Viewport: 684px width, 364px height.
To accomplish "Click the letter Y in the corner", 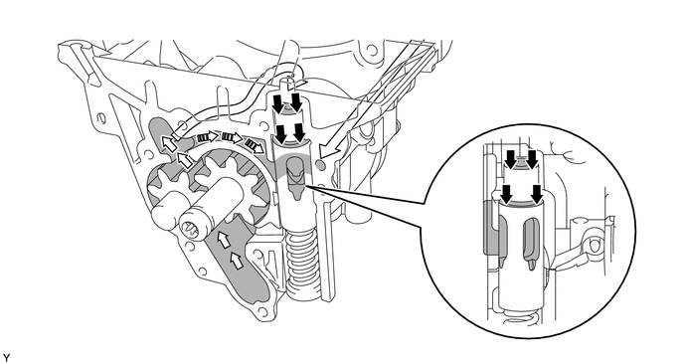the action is [x=6, y=358].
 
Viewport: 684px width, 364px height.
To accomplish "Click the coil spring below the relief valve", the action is [x=301, y=266].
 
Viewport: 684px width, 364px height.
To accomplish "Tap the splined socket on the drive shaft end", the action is [x=192, y=230].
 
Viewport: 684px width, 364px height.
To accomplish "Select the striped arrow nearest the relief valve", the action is [x=255, y=145].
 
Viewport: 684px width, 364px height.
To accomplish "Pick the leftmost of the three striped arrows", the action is [x=206, y=137].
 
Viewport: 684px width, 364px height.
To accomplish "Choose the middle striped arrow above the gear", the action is [x=232, y=137].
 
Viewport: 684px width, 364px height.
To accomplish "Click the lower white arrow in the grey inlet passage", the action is [x=236, y=261].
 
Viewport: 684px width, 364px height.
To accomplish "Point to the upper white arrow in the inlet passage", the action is [x=224, y=239].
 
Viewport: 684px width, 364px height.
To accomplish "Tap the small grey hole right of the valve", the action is [x=321, y=165].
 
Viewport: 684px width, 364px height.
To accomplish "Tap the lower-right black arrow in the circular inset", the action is [x=537, y=194].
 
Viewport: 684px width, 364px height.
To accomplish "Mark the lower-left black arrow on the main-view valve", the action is [x=280, y=134].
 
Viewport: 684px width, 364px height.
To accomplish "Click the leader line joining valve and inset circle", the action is [x=366, y=195].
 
